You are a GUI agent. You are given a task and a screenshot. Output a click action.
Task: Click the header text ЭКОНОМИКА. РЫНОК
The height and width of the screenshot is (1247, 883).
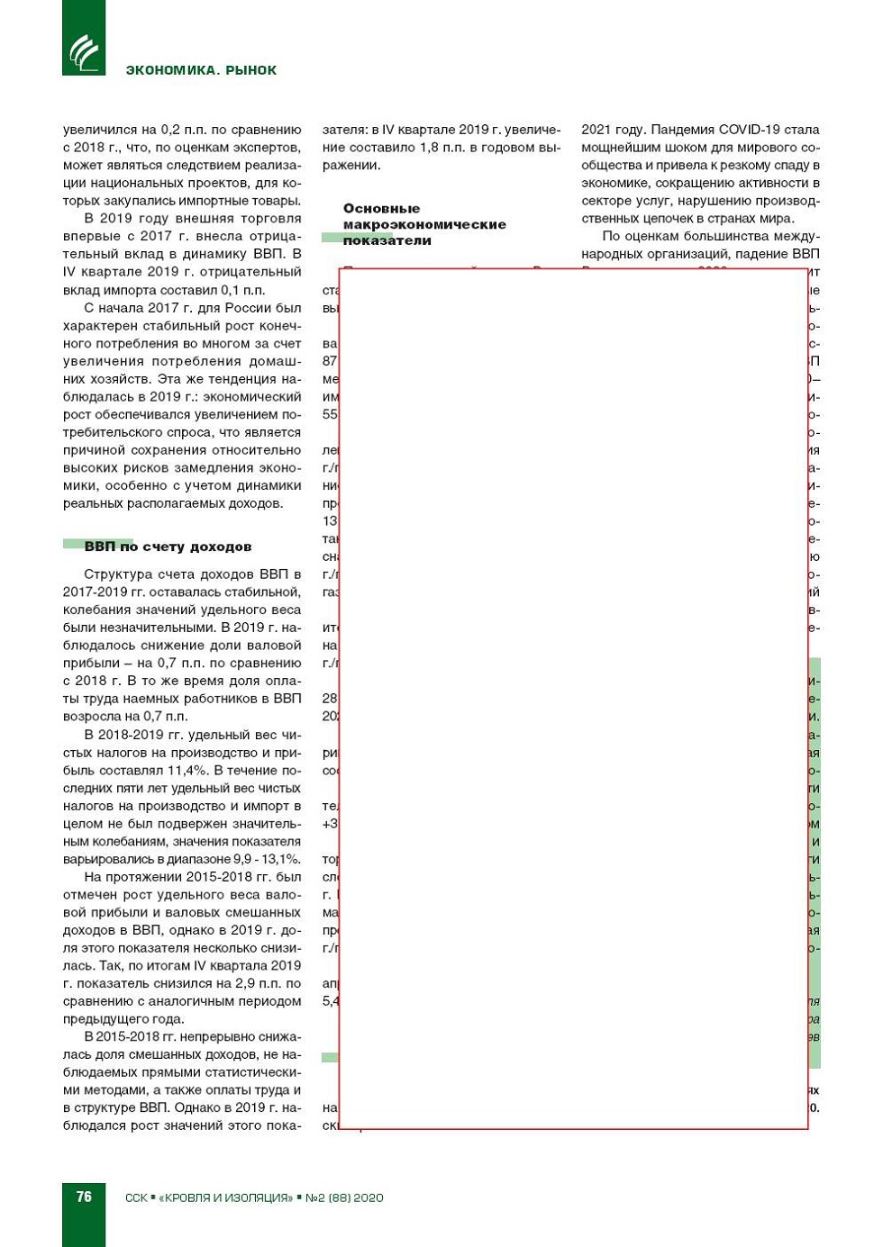click(x=201, y=70)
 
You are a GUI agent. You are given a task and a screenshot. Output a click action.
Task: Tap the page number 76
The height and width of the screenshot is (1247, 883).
click(x=84, y=1197)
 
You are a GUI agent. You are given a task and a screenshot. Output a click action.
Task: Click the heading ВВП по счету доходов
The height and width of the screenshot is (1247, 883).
click(x=168, y=547)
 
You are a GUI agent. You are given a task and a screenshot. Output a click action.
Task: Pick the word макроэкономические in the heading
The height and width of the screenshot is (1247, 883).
click(x=424, y=224)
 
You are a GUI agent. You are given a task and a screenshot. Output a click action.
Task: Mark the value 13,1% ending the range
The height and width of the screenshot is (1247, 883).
click(x=280, y=859)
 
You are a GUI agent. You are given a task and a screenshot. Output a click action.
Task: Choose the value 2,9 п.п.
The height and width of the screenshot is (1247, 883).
click(x=257, y=983)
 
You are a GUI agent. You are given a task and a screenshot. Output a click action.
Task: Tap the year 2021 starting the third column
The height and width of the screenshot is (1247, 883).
click(x=596, y=130)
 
